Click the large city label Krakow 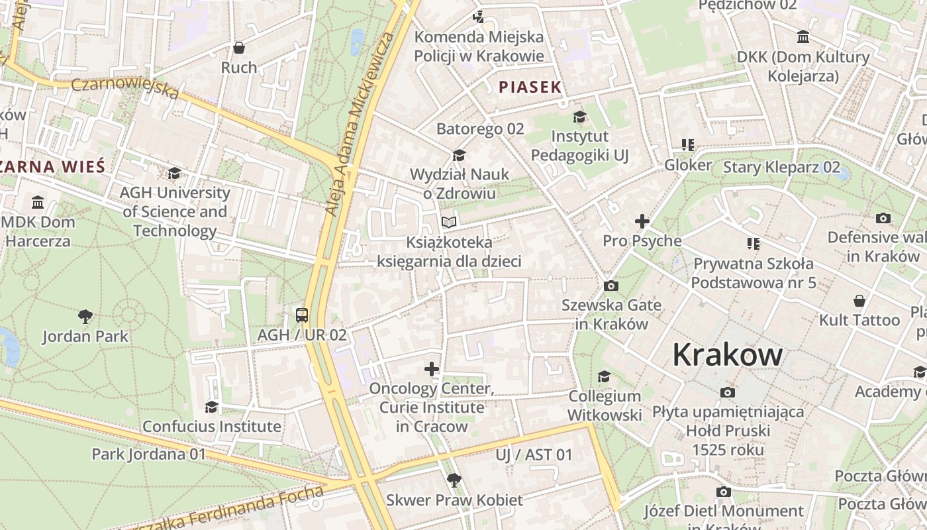coord(727,356)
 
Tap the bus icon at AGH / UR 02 coord(302,315)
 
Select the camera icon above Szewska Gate coord(611,286)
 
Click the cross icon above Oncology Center coord(432,368)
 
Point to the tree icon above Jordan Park coord(85,316)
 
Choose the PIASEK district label coord(530,87)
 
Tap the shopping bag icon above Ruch coord(239,48)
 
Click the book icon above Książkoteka coord(449,222)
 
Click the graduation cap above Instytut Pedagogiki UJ coord(579,117)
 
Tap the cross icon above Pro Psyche coord(642,221)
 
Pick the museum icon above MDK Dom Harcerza coord(38,202)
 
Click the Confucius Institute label coord(212,426)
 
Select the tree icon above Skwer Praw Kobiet coord(454,480)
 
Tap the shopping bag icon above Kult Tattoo coord(859,301)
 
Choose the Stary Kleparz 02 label coord(781,167)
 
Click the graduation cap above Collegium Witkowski coord(604,377)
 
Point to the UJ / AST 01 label coord(534,454)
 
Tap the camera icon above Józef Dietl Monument coord(723,492)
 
